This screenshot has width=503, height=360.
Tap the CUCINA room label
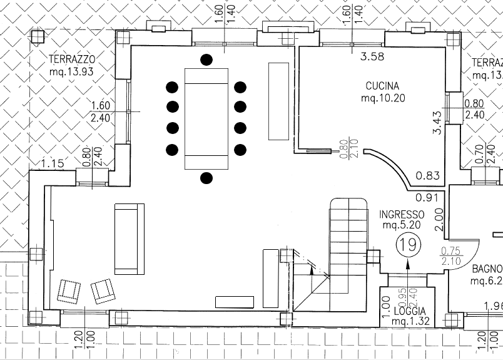click(382, 86)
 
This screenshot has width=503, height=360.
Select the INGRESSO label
click(402, 214)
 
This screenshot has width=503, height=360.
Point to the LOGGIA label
click(410, 311)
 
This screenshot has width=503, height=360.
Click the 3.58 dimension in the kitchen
click(372, 58)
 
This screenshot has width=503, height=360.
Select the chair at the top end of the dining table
click(206, 59)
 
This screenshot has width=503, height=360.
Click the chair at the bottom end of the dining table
click(206, 178)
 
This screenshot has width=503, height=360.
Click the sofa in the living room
click(129, 239)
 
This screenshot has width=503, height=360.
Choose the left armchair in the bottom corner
click(69, 291)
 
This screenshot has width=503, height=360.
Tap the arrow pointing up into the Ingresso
click(409, 266)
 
